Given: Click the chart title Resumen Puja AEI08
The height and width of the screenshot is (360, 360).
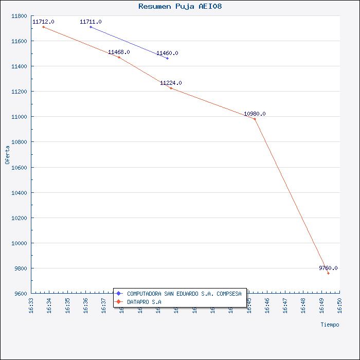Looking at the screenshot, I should pos(180,7).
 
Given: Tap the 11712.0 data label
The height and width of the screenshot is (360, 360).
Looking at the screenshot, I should pos(43,22).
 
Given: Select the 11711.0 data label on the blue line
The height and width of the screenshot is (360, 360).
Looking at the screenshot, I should pos(91,22).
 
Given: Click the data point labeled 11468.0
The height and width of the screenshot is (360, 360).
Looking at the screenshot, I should pos(119,57).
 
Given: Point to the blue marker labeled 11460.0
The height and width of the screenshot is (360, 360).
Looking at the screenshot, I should pos(167,58).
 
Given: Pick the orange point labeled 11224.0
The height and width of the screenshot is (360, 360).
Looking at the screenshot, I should pos(171,88).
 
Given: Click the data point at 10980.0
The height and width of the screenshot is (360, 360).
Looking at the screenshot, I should pos(255,119).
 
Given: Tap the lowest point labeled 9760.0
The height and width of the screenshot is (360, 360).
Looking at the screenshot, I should pos(328,273).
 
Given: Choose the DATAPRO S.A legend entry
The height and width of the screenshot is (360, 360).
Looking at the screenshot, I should pos(144,301).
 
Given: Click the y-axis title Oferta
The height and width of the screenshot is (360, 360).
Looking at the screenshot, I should pos(7,154).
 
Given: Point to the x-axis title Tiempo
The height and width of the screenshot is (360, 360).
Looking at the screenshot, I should pos(330,325).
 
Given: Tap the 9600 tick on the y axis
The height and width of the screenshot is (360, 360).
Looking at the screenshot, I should pos(20,294).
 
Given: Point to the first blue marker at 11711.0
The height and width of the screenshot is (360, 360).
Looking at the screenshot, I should pos(91,27).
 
